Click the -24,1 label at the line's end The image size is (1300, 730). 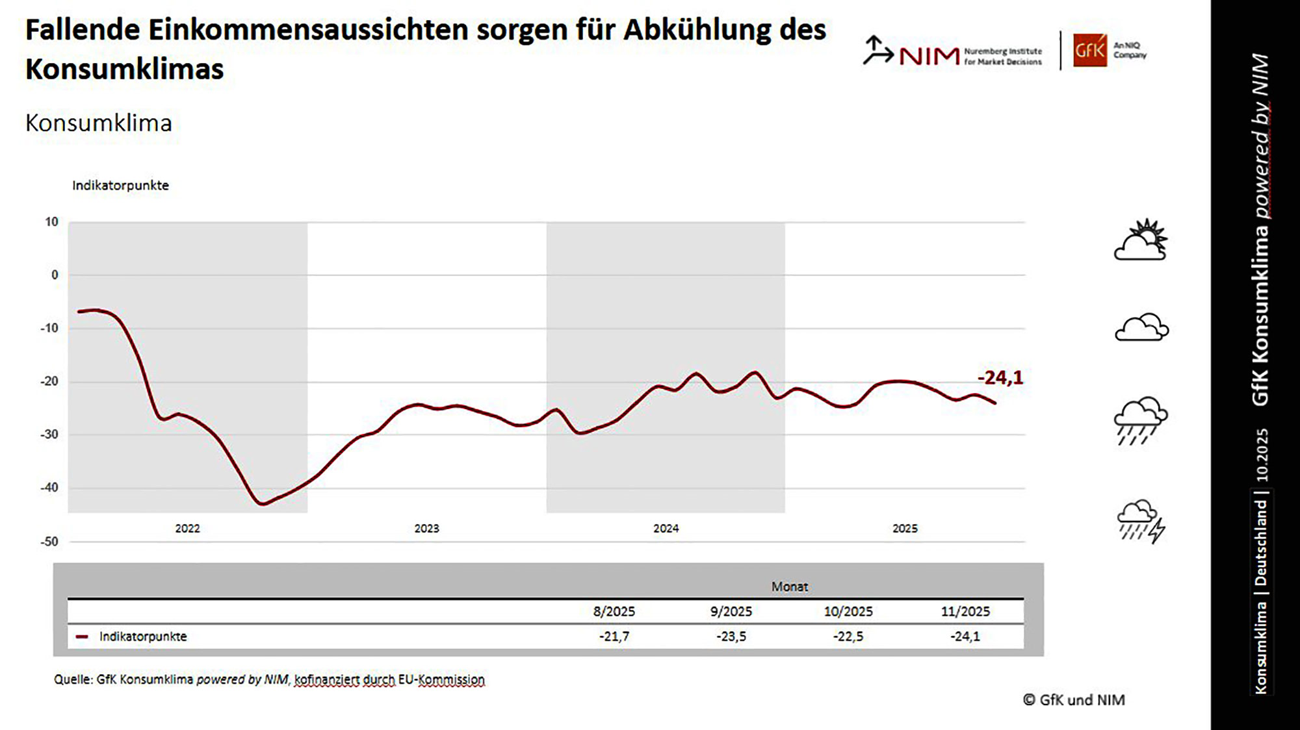tap(1000, 377)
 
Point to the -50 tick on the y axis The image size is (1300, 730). tap(49, 542)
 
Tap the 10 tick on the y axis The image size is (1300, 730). tap(51, 222)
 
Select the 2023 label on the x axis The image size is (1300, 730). tap(426, 529)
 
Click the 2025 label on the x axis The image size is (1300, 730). tap(905, 529)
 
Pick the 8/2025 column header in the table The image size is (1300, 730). tap(614, 611)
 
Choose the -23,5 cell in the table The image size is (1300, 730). tap(731, 636)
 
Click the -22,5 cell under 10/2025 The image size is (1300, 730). tap(848, 636)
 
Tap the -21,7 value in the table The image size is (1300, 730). tap(614, 636)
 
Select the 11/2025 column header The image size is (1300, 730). tap(965, 611)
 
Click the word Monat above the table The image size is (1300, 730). tap(790, 586)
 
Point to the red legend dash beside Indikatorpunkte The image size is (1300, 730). tap(82, 636)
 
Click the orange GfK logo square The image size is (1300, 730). tap(1089, 50)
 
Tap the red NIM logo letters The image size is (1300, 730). tap(929, 57)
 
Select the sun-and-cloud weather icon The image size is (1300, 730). tap(1141, 240)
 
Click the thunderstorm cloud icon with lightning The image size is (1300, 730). tap(1141, 521)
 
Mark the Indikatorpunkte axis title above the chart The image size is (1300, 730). tap(120, 185)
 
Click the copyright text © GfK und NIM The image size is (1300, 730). tap(1074, 699)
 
